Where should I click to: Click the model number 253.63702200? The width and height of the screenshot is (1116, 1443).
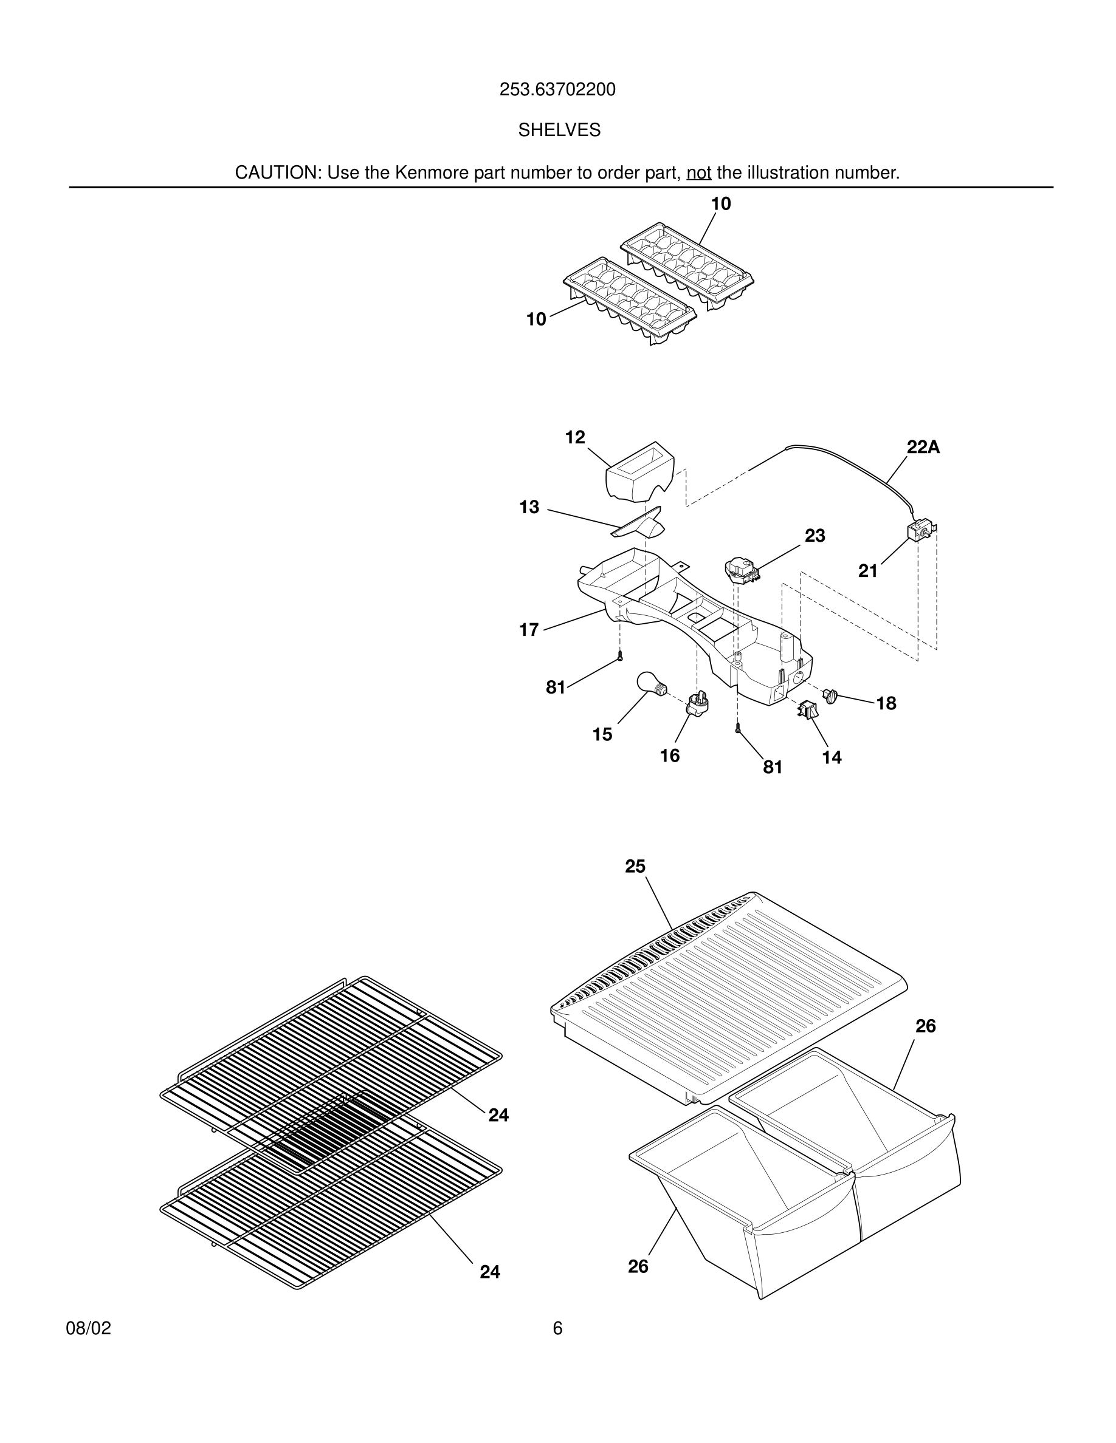(557, 90)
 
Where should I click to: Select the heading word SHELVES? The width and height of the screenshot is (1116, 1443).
(559, 130)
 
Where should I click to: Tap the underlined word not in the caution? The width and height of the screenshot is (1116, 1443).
(699, 173)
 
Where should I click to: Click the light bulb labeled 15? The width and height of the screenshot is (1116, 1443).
(650, 684)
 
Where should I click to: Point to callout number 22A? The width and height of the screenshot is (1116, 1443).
(923, 448)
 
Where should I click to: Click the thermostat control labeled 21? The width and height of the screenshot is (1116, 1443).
(919, 531)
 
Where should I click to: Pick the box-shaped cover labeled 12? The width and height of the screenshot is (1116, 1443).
(639, 472)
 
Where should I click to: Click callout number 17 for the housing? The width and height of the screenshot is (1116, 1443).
(529, 630)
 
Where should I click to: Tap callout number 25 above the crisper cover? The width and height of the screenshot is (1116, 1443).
(635, 866)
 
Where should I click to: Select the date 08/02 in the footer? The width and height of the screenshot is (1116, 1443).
(89, 1329)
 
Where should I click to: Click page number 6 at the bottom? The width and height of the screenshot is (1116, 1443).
(557, 1329)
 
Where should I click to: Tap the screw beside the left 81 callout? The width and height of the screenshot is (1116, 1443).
(620, 656)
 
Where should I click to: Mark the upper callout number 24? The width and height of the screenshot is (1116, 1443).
(498, 1115)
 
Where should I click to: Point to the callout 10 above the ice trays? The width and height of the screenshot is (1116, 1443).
(721, 204)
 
